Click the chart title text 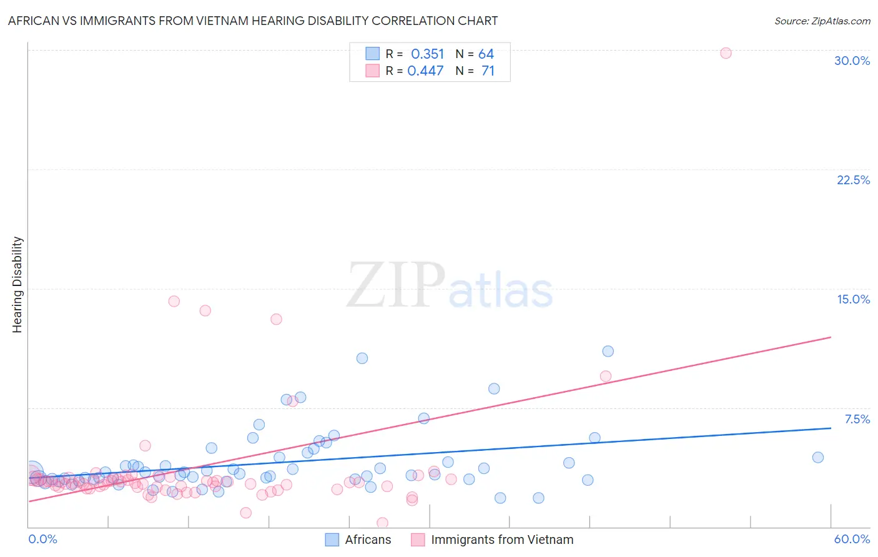(x=253, y=21)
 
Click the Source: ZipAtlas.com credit (x=822, y=21)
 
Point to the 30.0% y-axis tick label (x=852, y=61)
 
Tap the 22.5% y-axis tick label (x=853, y=180)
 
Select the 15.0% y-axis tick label (x=853, y=299)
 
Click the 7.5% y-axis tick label (x=857, y=419)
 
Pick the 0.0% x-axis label (x=42, y=539)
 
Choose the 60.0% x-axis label (x=852, y=539)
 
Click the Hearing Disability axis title (x=17, y=285)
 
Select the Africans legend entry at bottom (x=358, y=540)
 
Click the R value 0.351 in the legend (x=427, y=54)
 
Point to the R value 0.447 (x=425, y=71)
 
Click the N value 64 (x=486, y=54)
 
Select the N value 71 (x=488, y=71)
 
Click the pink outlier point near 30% (x=726, y=53)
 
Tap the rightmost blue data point (x=817, y=457)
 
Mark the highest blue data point (x=608, y=351)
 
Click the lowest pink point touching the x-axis (x=382, y=523)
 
